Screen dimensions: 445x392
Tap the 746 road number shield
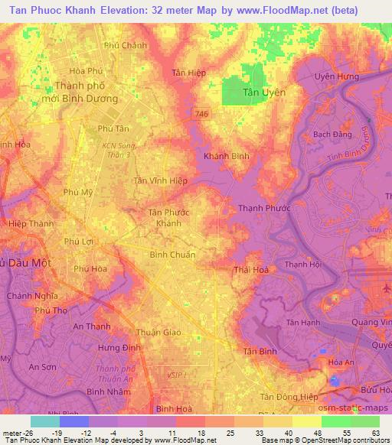[x=201, y=113]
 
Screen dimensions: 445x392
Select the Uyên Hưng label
[x=337, y=76]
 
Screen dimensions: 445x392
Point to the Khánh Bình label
[x=227, y=156]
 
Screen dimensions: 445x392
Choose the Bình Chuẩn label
[x=172, y=255]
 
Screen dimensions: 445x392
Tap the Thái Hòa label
[x=253, y=269]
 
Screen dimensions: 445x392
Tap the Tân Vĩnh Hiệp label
[x=161, y=180]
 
